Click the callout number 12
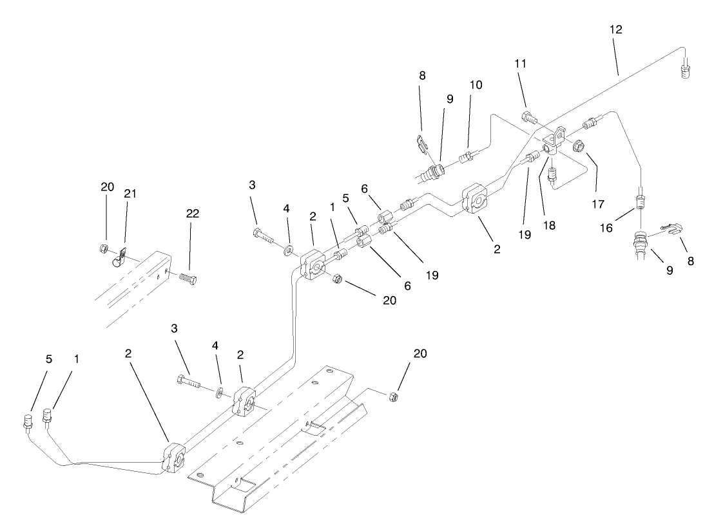tap(615, 30)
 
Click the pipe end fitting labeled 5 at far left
tap(28, 423)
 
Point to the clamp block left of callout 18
tap(478, 199)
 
